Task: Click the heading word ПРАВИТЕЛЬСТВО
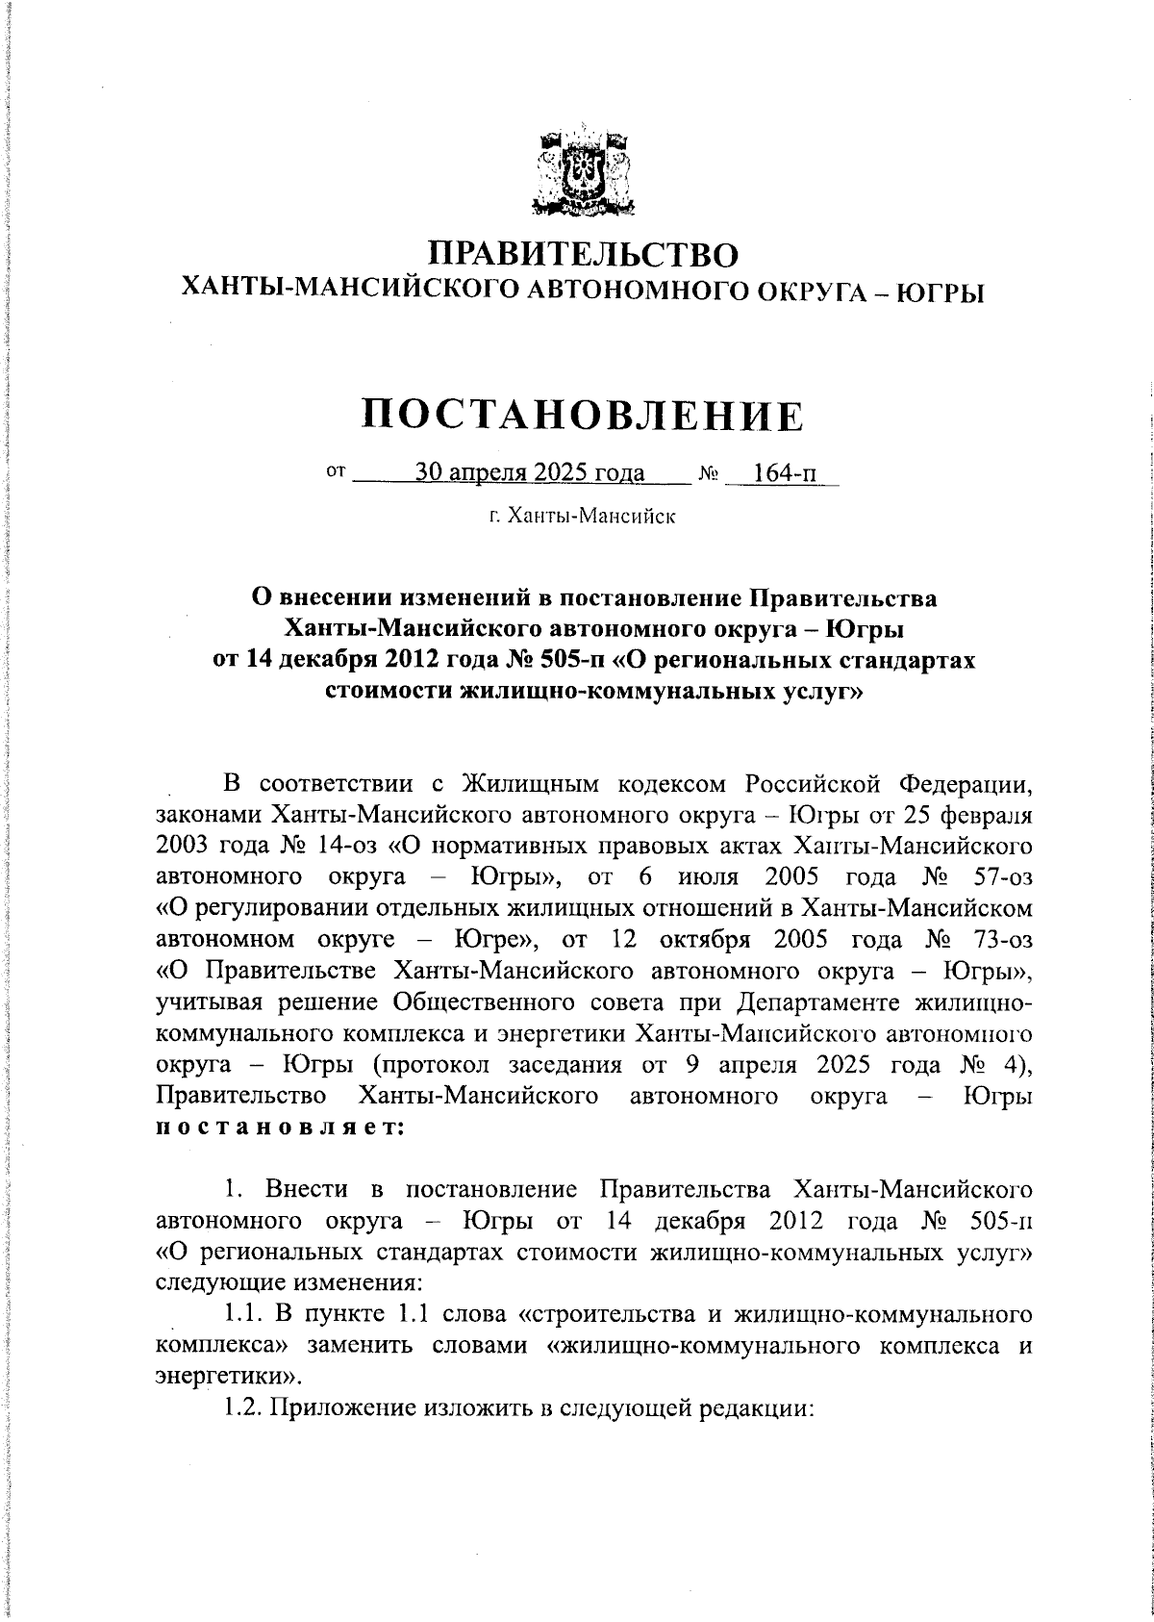click(x=584, y=254)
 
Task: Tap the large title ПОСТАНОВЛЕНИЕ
click(x=583, y=416)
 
